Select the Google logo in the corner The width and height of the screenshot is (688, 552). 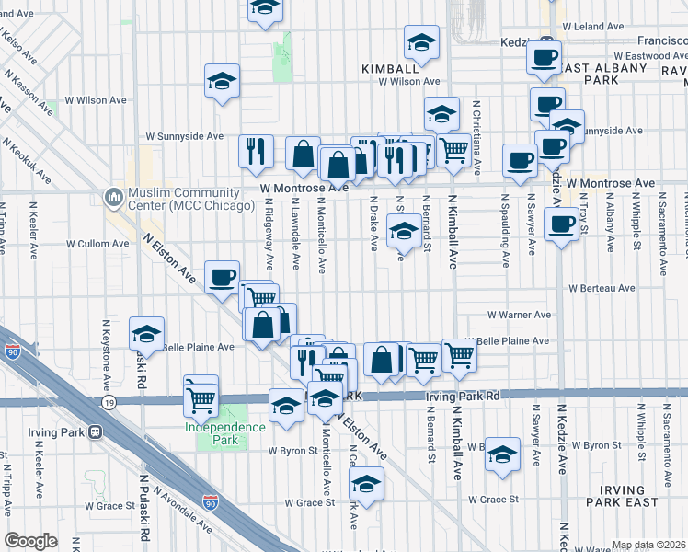pos(31,541)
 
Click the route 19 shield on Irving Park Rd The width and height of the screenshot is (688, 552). pos(109,403)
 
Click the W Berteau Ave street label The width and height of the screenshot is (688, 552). pos(602,288)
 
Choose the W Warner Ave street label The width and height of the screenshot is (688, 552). pos(519,315)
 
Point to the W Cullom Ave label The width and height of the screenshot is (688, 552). pos(97,244)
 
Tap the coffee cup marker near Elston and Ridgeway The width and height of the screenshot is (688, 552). pos(223,278)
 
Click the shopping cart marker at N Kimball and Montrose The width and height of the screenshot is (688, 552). pos(453,151)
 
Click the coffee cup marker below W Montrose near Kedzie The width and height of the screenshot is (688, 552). pos(560,224)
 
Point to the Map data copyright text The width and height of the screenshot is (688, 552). pos(648,545)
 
